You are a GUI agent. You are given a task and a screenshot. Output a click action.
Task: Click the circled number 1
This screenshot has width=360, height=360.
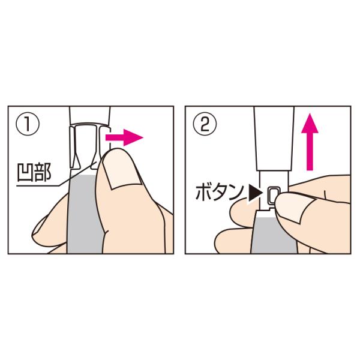pos(28,124)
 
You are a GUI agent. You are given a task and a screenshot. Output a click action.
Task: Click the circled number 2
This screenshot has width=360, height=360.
pos(205,124)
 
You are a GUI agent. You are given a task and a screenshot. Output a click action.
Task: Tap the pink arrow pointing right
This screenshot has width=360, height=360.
pos(124,137)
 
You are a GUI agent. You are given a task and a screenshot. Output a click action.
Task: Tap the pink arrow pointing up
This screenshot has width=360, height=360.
pos(310,142)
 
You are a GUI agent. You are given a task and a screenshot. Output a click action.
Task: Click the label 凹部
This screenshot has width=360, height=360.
pos(34,172)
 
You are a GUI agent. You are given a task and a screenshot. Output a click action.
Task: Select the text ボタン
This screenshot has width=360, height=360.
pos(219,193)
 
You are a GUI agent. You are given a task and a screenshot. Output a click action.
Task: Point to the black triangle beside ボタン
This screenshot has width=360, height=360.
pos(256,194)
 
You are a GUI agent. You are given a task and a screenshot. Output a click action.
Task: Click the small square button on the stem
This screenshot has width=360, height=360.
pos(274,194)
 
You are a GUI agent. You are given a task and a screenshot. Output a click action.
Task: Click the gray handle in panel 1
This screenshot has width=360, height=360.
pos(85,214)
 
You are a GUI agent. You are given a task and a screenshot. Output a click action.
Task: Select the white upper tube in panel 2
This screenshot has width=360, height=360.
pos(274,139)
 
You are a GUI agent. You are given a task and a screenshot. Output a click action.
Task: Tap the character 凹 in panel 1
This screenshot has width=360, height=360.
pos(25,172)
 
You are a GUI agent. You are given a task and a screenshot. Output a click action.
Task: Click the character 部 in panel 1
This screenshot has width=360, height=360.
pos(42,172)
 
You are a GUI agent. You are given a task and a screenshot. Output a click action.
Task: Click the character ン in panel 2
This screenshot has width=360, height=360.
pos(236,193)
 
